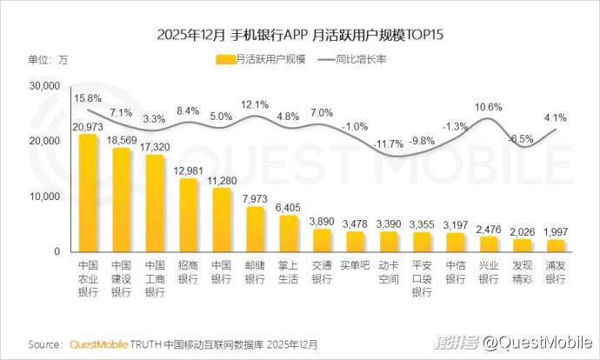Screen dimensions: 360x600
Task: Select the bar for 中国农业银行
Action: (88, 193)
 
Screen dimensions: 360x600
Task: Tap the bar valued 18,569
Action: (121, 200)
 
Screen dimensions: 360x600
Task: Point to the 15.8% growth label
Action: (88, 98)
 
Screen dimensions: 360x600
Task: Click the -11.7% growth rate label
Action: (387, 143)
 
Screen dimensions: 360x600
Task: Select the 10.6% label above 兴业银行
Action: (489, 107)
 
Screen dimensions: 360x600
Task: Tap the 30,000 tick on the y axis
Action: (43, 86)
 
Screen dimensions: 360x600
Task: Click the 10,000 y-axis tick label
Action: (43, 197)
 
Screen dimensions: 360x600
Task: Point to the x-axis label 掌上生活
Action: (288, 273)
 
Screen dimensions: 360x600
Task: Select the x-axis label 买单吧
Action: (354, 266)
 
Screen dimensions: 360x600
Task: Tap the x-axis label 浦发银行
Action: (555, 273)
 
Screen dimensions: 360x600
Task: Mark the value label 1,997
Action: (555, 231)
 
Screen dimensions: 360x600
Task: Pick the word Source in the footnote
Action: (45, 343)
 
